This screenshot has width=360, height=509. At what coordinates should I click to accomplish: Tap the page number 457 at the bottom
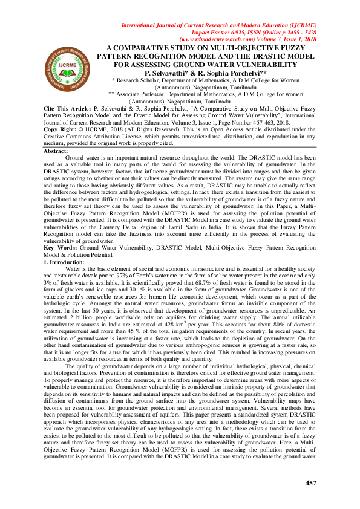pos(311,482)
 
